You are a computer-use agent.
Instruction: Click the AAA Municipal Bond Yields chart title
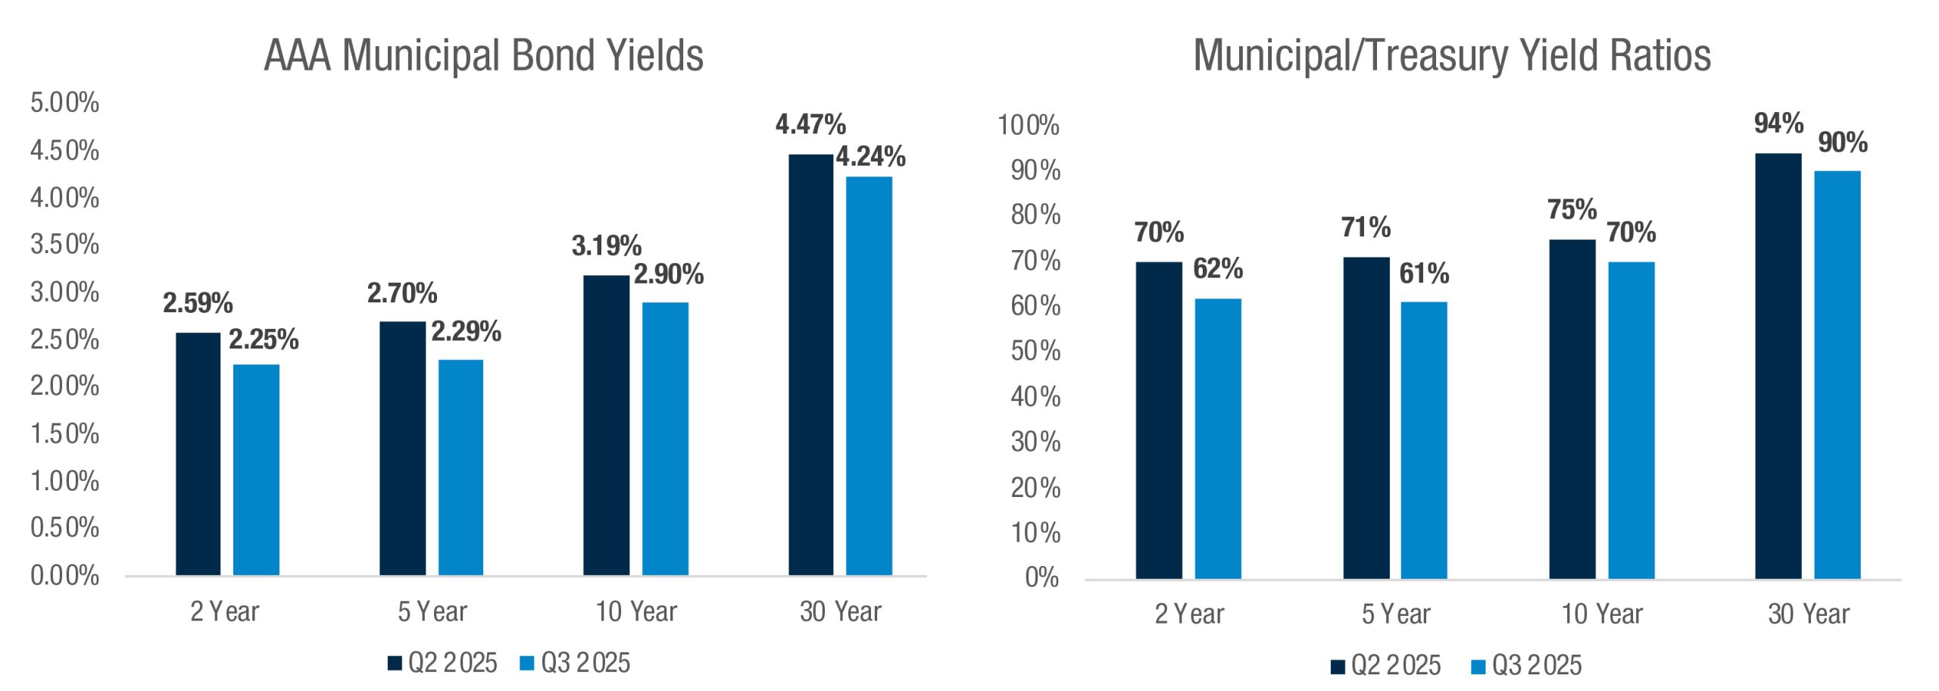(x=483, y=56)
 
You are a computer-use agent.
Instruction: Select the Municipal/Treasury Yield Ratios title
(x=1452, y=56)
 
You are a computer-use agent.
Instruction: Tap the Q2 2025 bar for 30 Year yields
(x=810, y=364)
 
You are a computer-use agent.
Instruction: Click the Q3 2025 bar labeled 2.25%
(x=256, y=470)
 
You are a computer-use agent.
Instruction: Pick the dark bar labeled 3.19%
(x=606, y=424)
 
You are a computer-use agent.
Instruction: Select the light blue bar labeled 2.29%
(x=461, y=467)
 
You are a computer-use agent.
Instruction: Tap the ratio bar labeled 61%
(x=1423, y=440)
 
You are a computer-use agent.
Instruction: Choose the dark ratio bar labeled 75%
(x=1572, y=409)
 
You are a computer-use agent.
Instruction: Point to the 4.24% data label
(x=870, y=157)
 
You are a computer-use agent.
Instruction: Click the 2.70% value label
(x=402, y=293)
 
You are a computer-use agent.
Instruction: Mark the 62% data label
(x=1218, y=269)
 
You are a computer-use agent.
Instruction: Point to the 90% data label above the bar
(x=1843, y=142)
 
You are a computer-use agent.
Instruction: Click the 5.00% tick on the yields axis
(x=65, y=103)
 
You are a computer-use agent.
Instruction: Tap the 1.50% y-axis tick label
(x=65, y=434)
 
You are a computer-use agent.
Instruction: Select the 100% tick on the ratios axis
(x=1029, y=125)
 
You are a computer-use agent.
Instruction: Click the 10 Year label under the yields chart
(x=636, y=611)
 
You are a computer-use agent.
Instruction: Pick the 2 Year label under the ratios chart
(x=1189, y=614)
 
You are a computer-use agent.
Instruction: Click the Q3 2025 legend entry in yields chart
(x=576, y=663)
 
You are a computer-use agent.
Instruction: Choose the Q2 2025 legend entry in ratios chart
(x=1386, y=665)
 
